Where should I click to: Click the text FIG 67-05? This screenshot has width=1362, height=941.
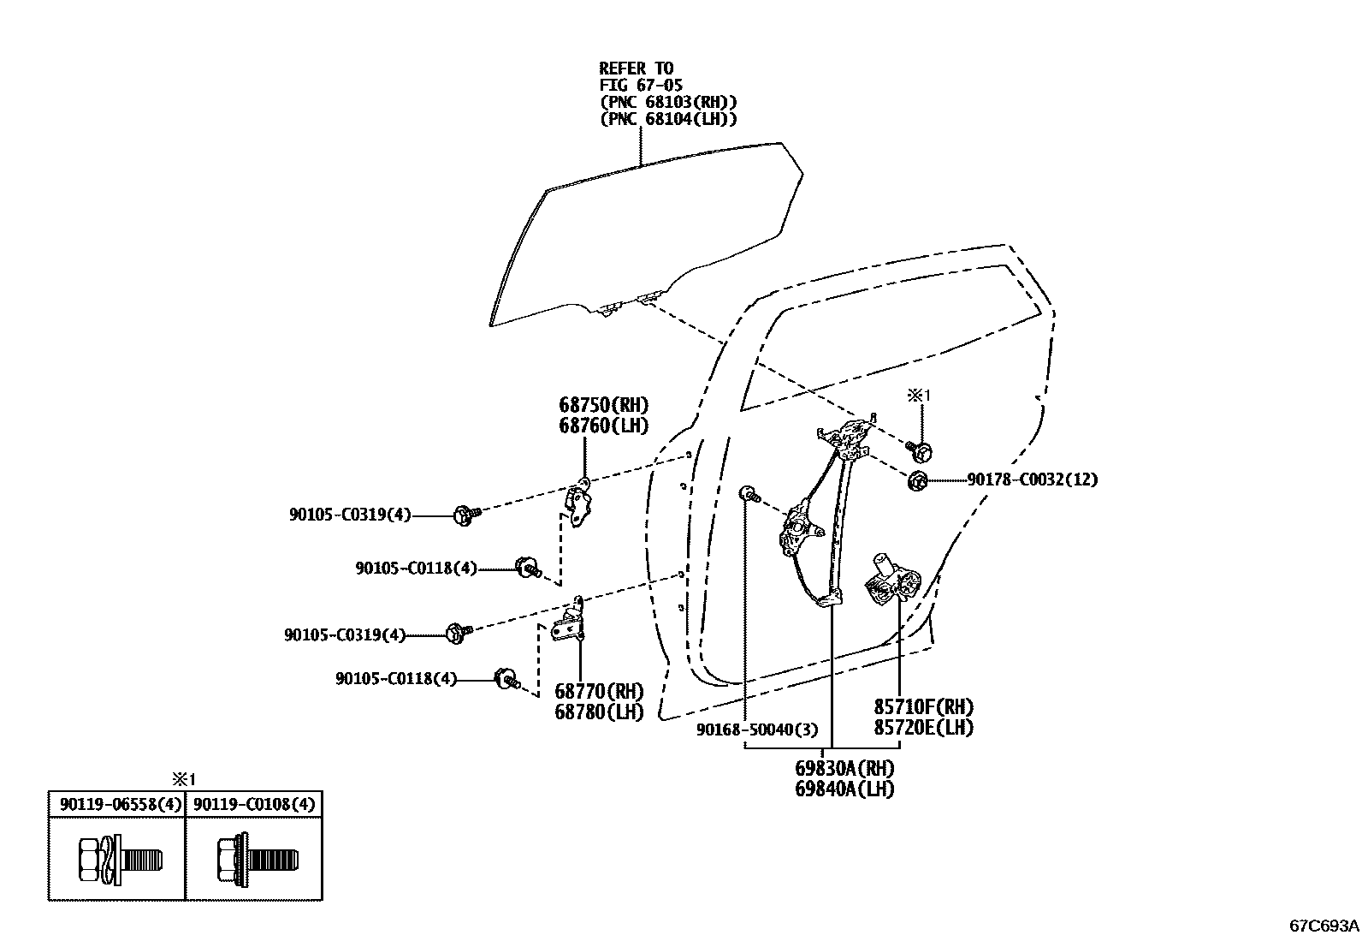[x=640, y=85]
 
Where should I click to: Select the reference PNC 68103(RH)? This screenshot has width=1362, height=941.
[x=668, y=102]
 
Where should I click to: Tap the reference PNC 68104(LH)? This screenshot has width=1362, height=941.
[x=668, y=119]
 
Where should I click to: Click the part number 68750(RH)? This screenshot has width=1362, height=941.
[x=604, y=405]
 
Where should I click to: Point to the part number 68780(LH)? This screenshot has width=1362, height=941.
[x=599, y=712]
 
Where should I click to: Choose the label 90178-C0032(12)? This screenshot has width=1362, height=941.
[x=1032, y=480]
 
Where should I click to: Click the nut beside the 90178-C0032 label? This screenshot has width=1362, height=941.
[x=917, y=481]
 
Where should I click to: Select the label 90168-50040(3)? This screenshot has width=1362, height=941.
[x=757, y=730]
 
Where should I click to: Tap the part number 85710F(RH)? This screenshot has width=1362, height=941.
[x=923, y=707]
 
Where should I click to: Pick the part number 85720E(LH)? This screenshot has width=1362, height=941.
[x=923, y=728]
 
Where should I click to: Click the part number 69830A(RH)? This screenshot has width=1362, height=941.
[x=844, y=768]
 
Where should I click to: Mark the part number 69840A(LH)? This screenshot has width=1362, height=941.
[x=844, y=789]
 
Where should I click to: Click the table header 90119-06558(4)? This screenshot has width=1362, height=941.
[x=116, y=805]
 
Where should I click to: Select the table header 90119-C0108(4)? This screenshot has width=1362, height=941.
[x=254, y=805]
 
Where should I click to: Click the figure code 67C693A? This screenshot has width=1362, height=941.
[x=1324, y=926]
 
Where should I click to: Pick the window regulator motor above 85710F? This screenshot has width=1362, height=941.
[x=891, y=581]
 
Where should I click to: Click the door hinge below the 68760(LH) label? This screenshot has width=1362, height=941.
[x=581, y=504]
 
